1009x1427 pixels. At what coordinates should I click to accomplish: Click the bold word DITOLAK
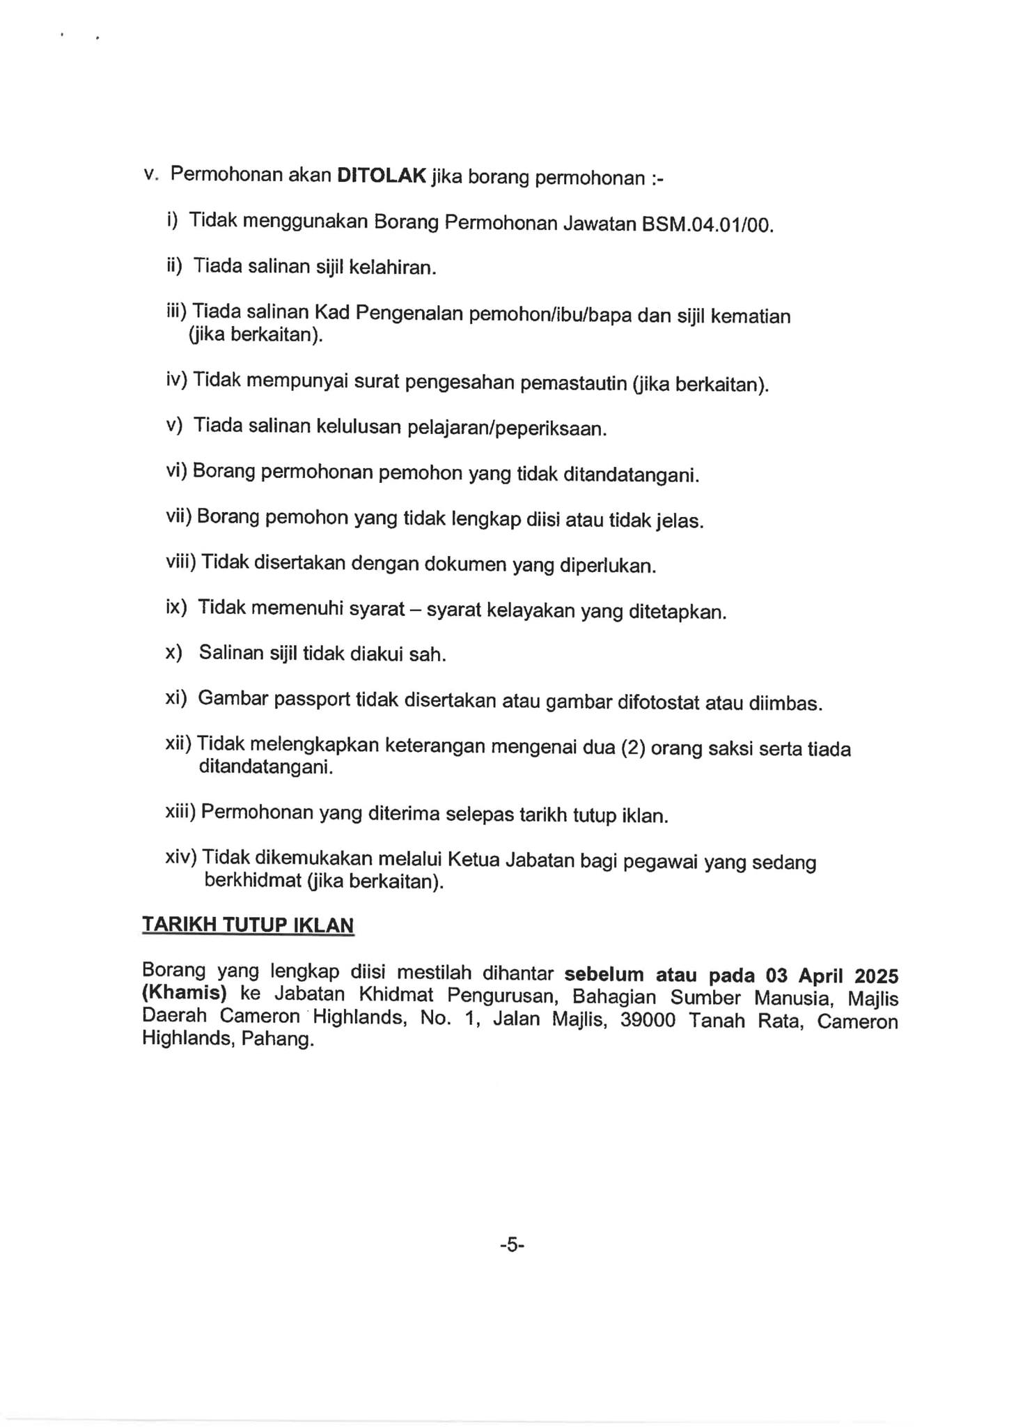click(381, 176)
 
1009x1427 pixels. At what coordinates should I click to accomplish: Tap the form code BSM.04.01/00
click(707, 226)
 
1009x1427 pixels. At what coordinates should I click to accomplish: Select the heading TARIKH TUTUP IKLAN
click(248, 925)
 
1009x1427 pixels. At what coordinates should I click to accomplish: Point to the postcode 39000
click(648, 1021)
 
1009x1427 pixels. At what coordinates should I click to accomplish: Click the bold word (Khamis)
click(185, 993)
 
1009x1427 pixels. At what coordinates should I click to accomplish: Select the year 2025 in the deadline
click(876, 975)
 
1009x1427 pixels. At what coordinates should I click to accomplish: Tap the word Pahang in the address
click(278, 1040)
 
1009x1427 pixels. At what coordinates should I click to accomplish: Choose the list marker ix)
click(176, 607)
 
